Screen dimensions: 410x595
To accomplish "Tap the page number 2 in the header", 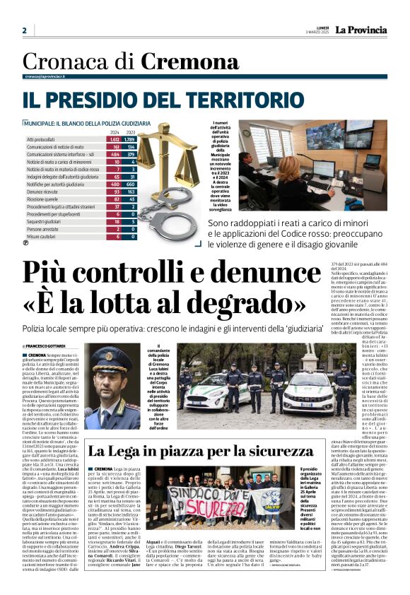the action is tap(24, 30).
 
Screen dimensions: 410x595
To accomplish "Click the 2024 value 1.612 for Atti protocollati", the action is tap(115, 140).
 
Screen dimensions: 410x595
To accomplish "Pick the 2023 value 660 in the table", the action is tap(130, 184).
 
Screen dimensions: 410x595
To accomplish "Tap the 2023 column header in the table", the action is tap(130, 132).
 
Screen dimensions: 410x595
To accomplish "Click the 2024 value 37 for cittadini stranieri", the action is tap(115, 206).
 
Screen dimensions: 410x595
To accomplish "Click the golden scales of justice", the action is tap(167, 163).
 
